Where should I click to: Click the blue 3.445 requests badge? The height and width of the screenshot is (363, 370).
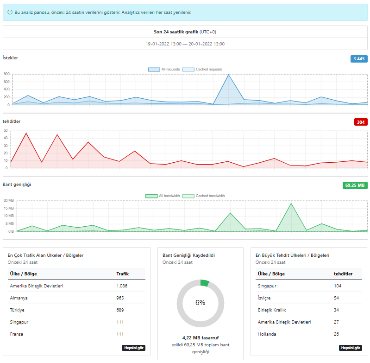click(x=359, y=59)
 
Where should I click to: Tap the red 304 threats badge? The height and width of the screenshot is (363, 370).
click(x=361, y=122)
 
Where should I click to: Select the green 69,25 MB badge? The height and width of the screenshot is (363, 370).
click(x=355, y=185)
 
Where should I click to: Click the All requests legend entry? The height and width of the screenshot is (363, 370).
click(x=164, y=69)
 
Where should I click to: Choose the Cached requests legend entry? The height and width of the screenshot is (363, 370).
click(x=202, y=69)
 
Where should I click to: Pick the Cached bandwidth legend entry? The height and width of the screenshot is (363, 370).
click(x=204, y=196)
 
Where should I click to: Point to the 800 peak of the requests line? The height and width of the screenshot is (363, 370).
click(x=228, y=75)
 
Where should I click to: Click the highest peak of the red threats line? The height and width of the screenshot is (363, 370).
click(x=26, y=133)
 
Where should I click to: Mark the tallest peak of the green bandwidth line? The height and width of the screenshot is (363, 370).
click(x=291, y=204)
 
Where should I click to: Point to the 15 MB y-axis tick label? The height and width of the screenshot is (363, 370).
click(x=9, y=208)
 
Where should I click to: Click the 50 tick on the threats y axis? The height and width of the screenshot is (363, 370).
click(x=6, y=130)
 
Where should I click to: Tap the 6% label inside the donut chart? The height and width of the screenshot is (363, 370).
click(x=201, y=303)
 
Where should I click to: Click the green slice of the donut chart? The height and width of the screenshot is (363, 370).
click(x=205, y=283)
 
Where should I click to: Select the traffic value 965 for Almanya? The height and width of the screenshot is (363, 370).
click(x=120, y=298)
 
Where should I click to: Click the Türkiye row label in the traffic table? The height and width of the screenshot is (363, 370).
click(x=17, y=310)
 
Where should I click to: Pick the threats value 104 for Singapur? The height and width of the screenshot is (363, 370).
click(x=338, y=286)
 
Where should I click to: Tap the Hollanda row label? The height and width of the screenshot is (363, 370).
click(x=267, y=334)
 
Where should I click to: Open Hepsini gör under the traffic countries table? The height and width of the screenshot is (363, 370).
click(x=133, y=348)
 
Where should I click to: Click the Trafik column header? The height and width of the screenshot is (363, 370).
click(x=122, y=274)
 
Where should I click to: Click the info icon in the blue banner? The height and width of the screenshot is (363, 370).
click(x=10, y=12)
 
